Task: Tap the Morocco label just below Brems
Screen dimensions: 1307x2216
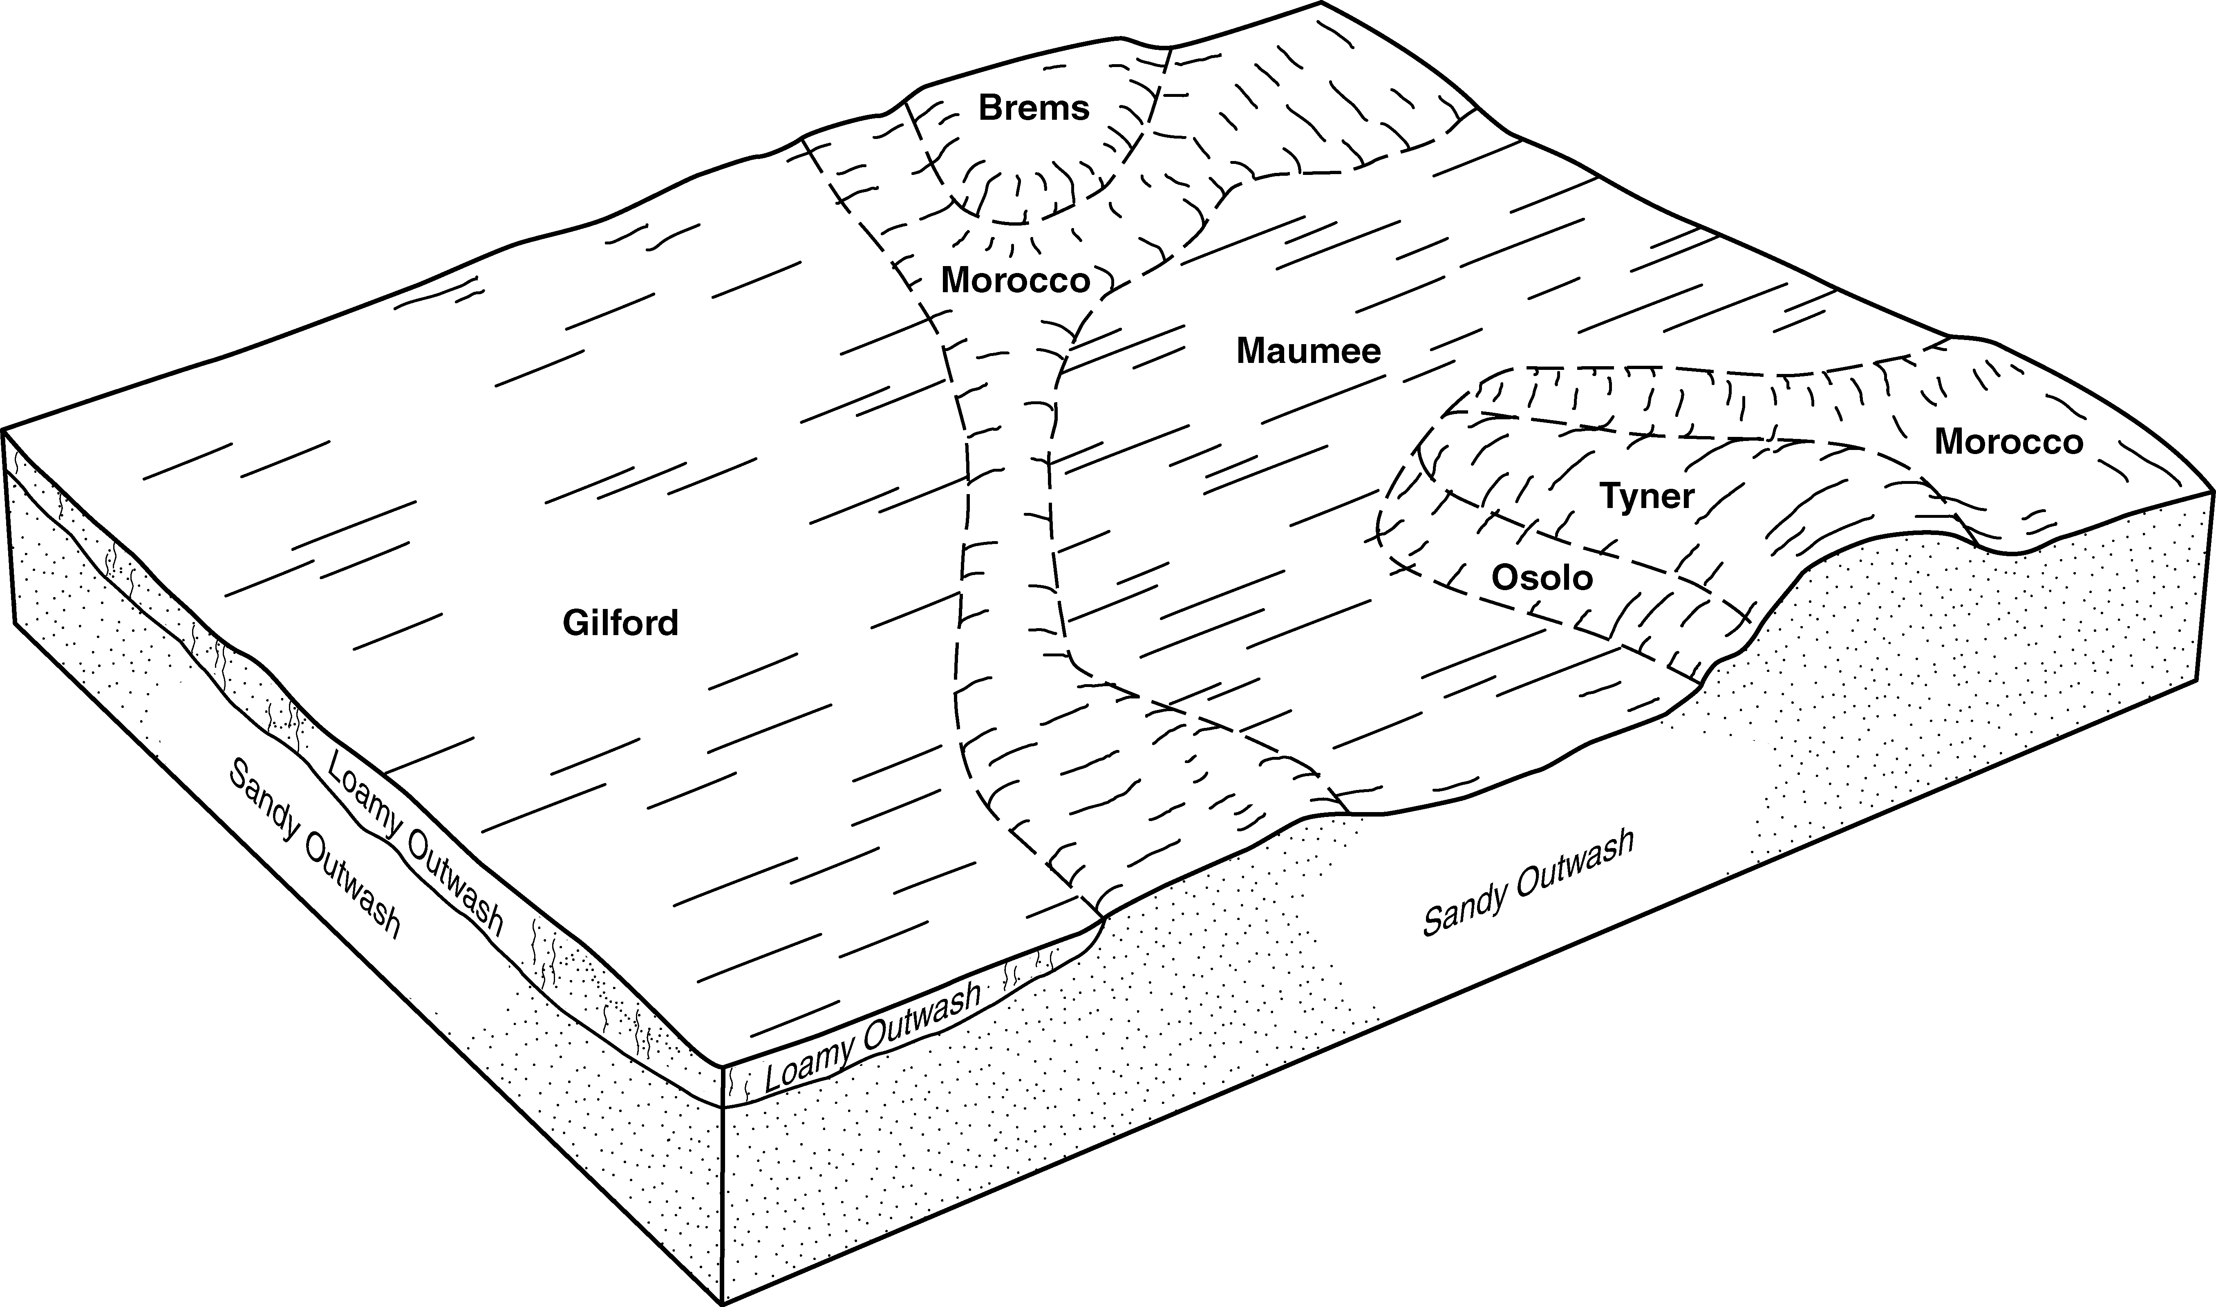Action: tap(1016, 281)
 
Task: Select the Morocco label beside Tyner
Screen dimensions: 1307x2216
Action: tap(2008, 442)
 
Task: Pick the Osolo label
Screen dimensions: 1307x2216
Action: tap(1542, 578)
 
